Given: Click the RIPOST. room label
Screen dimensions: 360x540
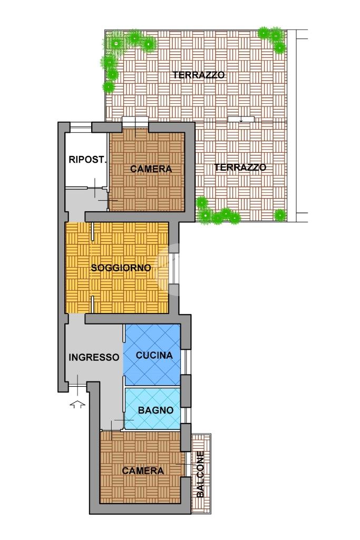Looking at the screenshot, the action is coord(87,160).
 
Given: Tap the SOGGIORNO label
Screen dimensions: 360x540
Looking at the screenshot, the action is coord(121,268).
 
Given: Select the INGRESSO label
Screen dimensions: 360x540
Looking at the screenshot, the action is coord(94,357).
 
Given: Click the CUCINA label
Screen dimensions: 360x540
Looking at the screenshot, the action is coord(154,355).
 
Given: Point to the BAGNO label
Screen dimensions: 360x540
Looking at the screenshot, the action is coord(155,410).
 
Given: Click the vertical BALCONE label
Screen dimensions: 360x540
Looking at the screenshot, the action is coord(200,474).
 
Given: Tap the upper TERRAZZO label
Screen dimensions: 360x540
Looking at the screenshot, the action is coord(199,75).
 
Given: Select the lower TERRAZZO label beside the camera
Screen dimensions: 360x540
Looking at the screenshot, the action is coord(240,168).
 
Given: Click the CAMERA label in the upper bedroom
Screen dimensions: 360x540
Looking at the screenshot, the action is coord(151,169).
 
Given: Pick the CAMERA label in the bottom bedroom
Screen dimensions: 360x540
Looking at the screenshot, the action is coord(143,470).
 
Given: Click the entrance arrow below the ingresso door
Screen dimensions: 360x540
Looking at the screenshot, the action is coord(77,404).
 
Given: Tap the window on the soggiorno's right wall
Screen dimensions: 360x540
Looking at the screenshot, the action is coord(174,269).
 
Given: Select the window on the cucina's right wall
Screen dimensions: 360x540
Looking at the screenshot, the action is coord(186,362).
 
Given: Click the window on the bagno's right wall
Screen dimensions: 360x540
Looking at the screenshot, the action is coord(186,415).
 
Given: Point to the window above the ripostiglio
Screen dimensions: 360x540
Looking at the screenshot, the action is coord(81,127).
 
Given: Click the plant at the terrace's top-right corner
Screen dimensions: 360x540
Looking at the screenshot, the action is coord(273,38).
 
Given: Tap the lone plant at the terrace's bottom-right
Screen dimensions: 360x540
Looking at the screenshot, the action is coord(280,215).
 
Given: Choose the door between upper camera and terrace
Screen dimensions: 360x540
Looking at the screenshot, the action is coord(135,123).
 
